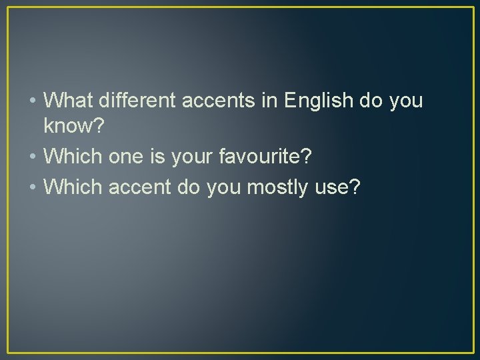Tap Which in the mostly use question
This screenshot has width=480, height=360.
coord(71,189)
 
